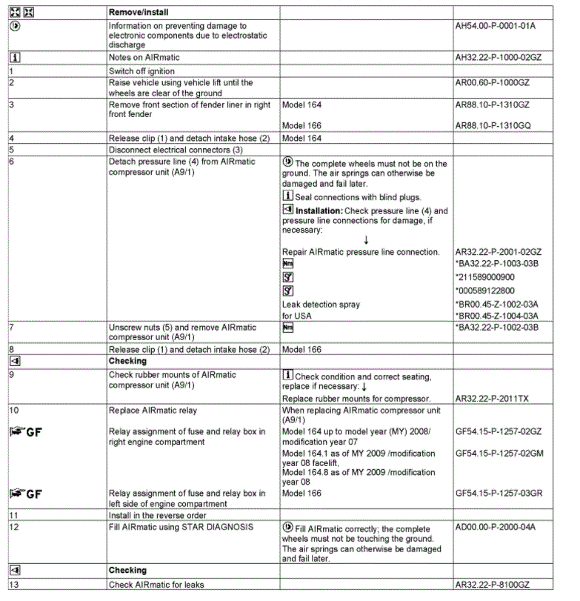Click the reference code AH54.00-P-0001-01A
495,26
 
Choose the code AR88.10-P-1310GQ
493,124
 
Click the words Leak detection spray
321,304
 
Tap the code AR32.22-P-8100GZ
493,585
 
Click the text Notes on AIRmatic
144,57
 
